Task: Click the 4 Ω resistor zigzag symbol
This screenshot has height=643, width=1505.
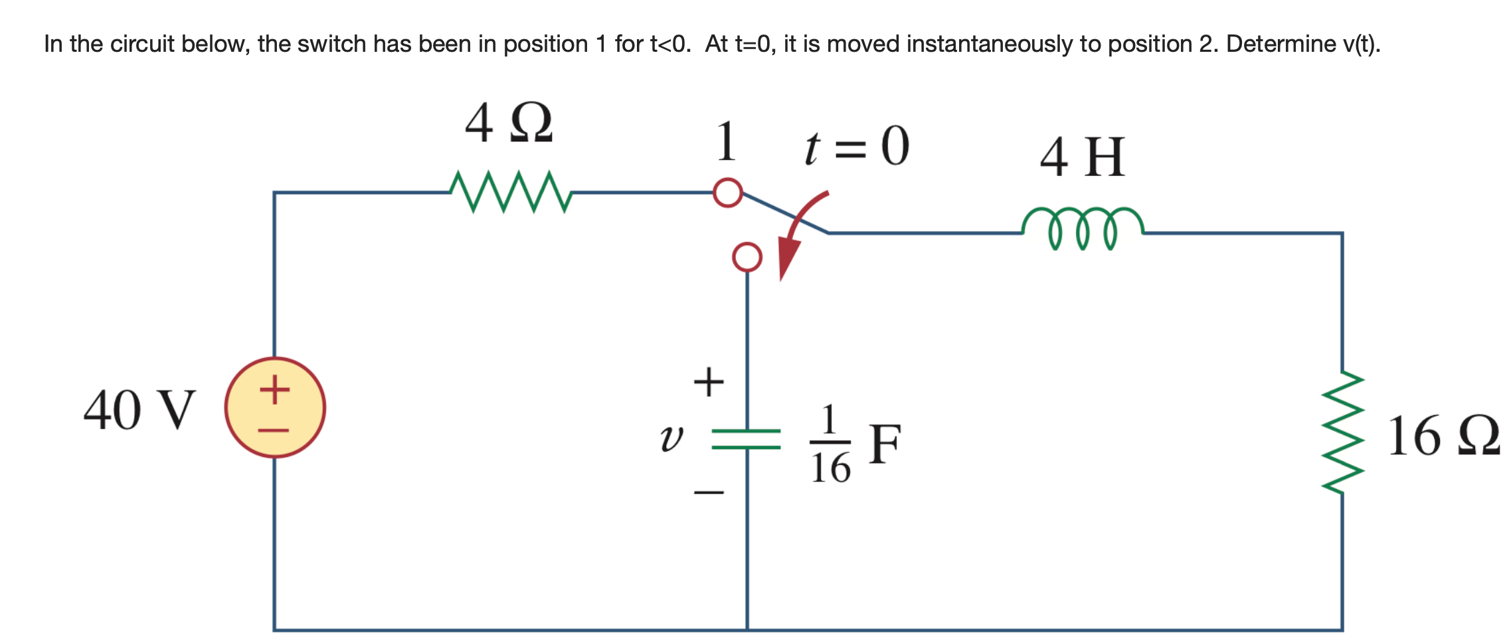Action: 510,192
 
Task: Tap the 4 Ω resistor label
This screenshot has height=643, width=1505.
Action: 508,123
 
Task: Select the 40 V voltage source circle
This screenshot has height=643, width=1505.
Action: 275,407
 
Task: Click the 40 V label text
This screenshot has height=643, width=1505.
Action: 139,410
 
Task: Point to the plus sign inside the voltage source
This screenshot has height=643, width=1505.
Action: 274,389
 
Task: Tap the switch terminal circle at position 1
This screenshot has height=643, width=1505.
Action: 728,193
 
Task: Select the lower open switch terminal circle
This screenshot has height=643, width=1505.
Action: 747,256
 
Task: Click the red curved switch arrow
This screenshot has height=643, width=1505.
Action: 797,232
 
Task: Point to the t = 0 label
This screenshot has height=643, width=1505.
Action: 856,147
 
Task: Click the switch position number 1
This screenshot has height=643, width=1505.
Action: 727,141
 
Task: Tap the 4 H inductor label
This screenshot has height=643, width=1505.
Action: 1083,157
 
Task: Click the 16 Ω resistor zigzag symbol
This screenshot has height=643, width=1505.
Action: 1343,432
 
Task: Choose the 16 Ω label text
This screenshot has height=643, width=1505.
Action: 1443,436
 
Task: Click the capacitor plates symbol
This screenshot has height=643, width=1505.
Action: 747,439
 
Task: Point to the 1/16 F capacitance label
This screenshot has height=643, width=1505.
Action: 854,444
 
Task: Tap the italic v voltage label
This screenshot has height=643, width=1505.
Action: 671,438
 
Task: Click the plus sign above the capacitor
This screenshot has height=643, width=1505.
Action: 709,382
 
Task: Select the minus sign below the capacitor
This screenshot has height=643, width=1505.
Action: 709,492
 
